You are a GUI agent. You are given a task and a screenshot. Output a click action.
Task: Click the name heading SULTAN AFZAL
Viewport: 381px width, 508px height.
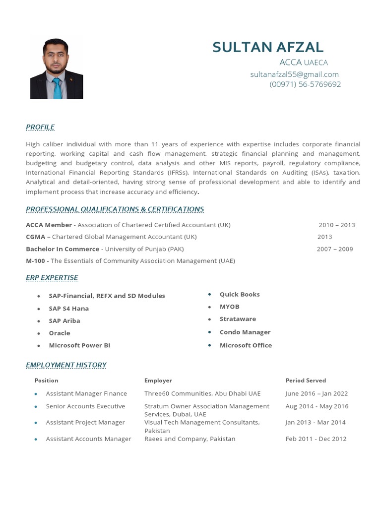coord(268,47)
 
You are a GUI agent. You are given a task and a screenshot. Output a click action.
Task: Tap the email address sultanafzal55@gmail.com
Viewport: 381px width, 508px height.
coord(295,74)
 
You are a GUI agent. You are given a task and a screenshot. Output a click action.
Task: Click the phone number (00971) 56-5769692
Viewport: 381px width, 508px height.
coord(305,84)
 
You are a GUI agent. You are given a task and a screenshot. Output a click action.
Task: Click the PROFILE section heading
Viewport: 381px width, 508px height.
coord(40,127)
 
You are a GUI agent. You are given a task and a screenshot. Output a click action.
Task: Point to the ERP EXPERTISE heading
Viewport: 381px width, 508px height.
coord(52,277)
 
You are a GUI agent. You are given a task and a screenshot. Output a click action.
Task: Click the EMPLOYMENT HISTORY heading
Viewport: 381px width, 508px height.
coord(66,365)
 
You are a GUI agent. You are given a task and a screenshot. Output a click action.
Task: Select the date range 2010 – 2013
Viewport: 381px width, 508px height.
coord(337,225)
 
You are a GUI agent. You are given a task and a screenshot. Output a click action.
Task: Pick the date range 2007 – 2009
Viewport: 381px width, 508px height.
coord(335,249)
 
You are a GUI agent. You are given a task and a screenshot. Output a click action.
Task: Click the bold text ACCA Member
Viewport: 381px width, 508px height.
coord(49,225)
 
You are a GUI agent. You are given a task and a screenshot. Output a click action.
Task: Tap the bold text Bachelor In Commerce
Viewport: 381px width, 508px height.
coord(63,249)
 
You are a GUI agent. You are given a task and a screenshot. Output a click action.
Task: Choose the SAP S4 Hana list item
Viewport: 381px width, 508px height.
coord(68,308)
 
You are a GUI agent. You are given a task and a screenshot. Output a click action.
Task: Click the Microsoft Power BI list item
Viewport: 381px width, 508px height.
coord(79,345)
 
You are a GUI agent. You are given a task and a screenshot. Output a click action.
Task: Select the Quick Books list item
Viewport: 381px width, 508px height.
coord(240,294)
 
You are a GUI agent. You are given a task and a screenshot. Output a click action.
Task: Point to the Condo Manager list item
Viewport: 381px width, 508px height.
coord(245,332)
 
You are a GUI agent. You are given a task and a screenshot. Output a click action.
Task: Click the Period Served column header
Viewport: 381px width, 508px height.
coord(306,381)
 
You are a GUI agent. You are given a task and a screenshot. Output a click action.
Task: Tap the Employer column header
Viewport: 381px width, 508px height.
coord(158,381)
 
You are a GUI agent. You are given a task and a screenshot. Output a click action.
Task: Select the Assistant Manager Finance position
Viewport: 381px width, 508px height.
coord(86,393)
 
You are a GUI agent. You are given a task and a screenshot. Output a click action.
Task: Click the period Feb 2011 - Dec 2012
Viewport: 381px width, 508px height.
coord(316,439)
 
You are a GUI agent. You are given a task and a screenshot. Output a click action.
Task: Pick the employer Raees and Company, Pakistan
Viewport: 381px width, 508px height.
coord(190,439)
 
